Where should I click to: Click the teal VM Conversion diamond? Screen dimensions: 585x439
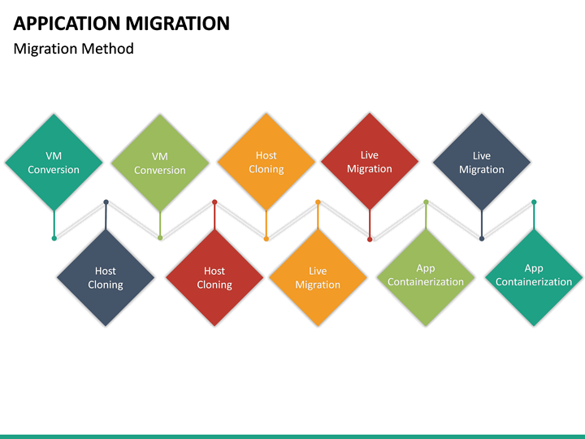click(x=54, y=162)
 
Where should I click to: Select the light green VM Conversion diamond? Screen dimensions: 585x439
click(x=160, y=162)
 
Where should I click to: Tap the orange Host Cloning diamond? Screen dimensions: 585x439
click(x=266, y=162)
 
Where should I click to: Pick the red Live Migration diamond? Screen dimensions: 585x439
click(x=370, y=161)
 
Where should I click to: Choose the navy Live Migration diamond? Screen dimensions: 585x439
click(x=482, y=162)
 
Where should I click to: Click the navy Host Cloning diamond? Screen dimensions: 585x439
click(x=106, y=277)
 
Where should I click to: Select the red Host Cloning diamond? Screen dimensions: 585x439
click(x=214, y=277)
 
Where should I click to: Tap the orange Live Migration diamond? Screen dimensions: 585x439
click(x=318, y=277)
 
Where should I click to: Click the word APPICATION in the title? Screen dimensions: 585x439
click(x=65, y=24)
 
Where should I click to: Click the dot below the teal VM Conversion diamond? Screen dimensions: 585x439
click(x=54, y=238)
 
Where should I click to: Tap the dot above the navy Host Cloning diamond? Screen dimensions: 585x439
click(x=106, y=202)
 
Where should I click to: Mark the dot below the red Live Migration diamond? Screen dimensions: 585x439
click(x=370, y=239)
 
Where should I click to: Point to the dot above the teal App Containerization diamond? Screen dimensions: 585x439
click(x=534, y=202)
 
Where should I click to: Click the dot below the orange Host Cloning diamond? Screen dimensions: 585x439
click(x=266, y=239)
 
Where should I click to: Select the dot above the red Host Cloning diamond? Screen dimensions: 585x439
click(x=214, y=202)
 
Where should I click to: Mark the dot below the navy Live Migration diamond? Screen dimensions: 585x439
click(x=482, y=239)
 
